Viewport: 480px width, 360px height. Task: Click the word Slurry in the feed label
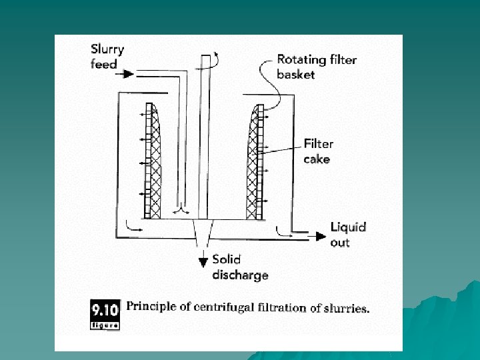click(107, 50)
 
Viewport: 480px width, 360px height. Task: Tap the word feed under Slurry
click(103, 64)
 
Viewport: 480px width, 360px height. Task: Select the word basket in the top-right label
click(296, 74)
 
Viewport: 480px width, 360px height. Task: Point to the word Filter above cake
click(319, 143)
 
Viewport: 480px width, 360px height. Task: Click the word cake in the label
click(317, 159)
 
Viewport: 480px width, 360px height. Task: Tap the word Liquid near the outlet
click(349, 227)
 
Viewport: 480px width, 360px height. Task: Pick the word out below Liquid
click(340, 242)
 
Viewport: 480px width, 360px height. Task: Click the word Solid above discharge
click(227, 259)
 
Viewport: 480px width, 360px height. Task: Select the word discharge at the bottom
click(241, 275)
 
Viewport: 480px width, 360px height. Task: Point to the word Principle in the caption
click(153, 307)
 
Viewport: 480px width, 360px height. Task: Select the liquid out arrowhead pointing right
click(322, 235)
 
